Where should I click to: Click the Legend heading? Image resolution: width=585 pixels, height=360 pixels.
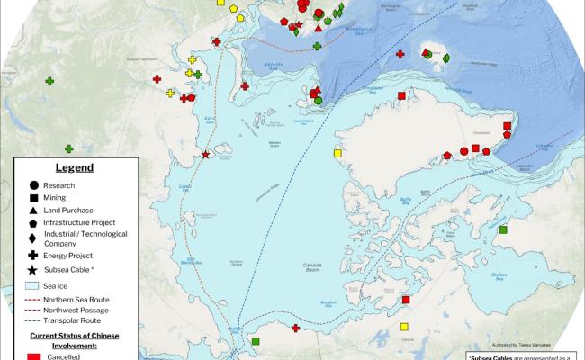(75, 167)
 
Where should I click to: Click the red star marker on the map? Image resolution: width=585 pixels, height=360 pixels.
(206, 155)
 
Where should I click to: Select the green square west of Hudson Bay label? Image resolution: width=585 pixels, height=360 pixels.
(503, 229)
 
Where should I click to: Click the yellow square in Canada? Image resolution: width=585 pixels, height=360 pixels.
(404, 326)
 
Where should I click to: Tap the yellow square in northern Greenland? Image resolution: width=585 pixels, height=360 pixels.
(337, 154)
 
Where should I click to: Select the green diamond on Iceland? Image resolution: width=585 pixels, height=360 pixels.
(446, 58)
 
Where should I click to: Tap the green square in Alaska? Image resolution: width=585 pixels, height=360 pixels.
(256, 341)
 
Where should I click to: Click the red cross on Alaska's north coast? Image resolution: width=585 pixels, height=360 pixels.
(296, 328)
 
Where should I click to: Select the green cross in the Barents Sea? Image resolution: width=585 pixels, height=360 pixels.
(317, 46)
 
